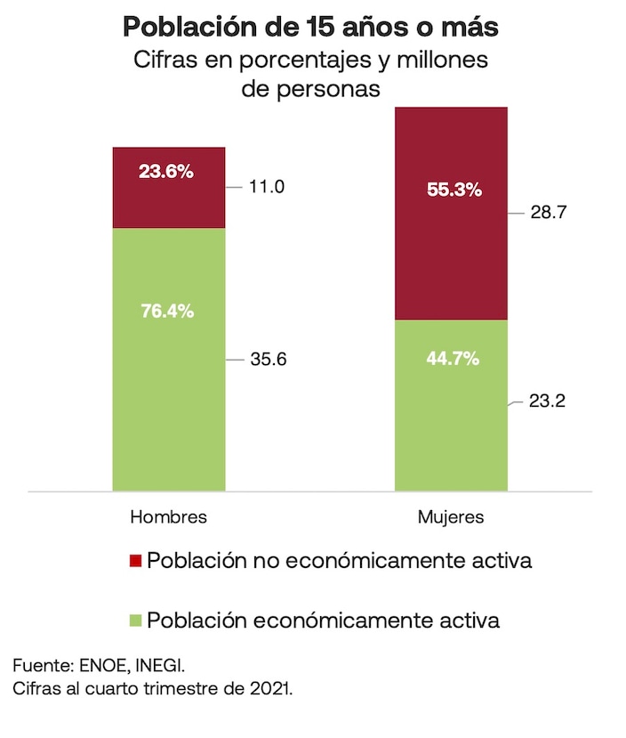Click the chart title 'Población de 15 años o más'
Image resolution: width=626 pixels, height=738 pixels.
pyautogui.click(x=311, y=27)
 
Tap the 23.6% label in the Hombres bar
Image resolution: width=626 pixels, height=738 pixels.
pyautogui.click(x=166, y=172)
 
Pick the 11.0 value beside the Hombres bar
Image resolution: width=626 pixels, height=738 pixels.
pyautogui.click(x=266, y=187)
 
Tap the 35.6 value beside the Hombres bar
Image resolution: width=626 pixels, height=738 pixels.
pyautogui.click(x=267, y=360)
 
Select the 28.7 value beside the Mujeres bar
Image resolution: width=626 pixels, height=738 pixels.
pyautogui.click(x=549, y=214)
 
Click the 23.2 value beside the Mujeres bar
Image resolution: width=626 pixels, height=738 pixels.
pyautogui.click(x=548, y=401)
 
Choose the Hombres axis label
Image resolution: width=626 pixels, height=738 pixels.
pyautogui.click(x=169, y=517)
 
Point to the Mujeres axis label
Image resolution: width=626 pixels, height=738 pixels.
pyautogui.click(x=451, y=517)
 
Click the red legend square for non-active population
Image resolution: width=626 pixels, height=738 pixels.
pyautogui.click(x=135, y=561)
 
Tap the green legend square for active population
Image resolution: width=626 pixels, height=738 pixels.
pyautogui.click(x=135, y=620)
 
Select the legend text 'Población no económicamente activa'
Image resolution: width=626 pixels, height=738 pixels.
pyautogui.click(x=340, y=561)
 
